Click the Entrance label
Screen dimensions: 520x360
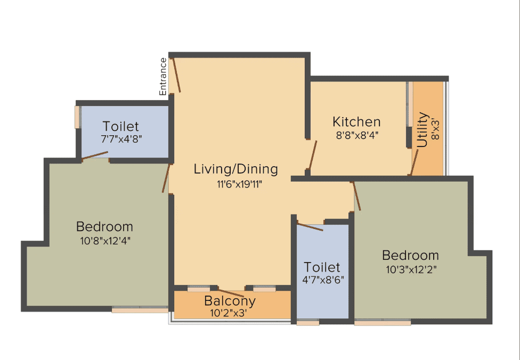[163, 77]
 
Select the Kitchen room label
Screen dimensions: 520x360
[356, 121]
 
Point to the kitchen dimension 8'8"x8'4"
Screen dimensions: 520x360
[357, 135]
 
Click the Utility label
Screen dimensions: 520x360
[423, 129]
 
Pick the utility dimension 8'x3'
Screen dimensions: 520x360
[435, 129]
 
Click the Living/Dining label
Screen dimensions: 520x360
[236, 169]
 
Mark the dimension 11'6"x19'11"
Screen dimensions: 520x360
[239, 184]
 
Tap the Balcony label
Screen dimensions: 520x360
[230, 301]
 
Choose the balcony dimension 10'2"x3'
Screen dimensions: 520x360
[228, 313]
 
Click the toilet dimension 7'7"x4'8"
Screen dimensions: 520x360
[121, 138]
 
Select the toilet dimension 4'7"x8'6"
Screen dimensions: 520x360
[323, 280]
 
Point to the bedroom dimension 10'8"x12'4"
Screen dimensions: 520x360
[105, 241]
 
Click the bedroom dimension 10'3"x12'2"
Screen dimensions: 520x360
[411, 269]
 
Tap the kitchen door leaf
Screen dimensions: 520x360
[312, 155]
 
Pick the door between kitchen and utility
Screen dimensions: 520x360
[414, 162]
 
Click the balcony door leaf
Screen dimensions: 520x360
[231, 293]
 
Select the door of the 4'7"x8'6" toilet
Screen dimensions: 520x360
[310, 227]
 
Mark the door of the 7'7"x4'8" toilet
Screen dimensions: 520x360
[95, 155]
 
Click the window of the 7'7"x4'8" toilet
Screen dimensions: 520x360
[77, 117]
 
